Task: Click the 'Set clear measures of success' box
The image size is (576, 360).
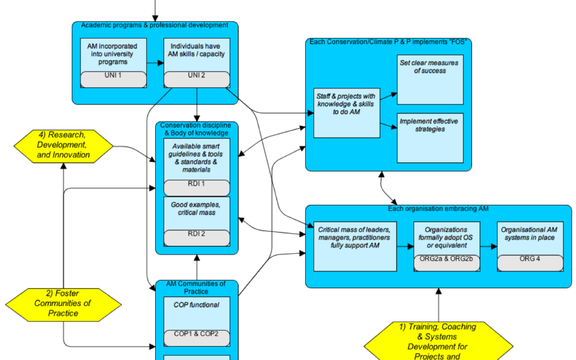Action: [x=430, y=80]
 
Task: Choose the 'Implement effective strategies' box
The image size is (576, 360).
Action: [x=430, y=138]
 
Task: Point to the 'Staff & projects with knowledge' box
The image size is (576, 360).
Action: [x=347, y=113]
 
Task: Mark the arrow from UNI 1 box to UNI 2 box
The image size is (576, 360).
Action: [x=155, y=63]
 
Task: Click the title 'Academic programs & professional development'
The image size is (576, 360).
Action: [x=155, y=25]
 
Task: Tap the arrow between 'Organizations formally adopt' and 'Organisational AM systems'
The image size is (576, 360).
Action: [x=487, y=246]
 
